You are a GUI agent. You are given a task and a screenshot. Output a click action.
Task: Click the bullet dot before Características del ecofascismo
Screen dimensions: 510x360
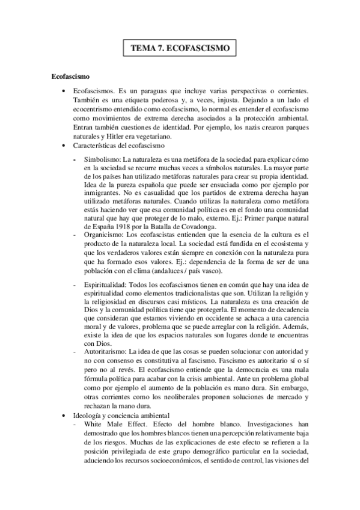(x=64, y=146)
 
